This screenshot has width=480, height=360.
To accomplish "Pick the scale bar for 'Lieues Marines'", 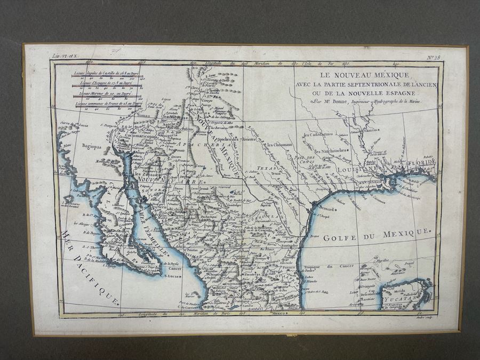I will click(x=107, y=97).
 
